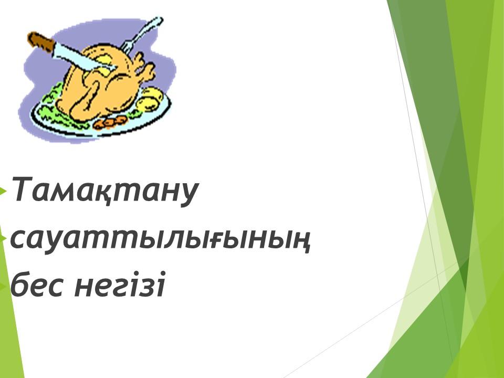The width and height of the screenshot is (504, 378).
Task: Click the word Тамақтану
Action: [105, 190]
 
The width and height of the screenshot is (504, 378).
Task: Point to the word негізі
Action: [120, 284]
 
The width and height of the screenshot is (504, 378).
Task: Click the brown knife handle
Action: [41, 42]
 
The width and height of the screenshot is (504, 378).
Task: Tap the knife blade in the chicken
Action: [84, 58]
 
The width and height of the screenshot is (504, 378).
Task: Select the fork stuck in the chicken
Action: [142, 35]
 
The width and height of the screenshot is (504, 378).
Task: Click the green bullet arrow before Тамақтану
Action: [3, 192]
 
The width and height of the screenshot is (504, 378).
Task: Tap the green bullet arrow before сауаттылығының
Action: [4, 239]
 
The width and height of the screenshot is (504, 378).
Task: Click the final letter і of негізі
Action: [160, 284]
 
